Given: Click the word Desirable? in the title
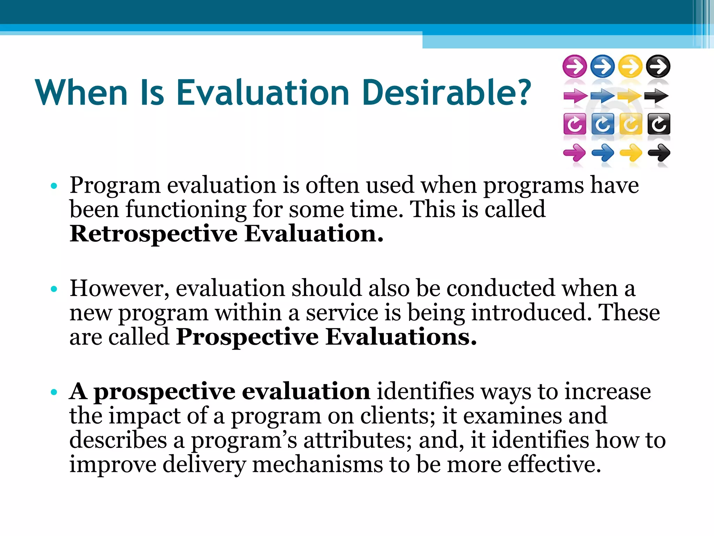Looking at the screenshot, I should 447,93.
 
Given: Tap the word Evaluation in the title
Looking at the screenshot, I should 263,93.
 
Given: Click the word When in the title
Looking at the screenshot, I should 82,93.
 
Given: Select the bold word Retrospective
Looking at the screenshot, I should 153,234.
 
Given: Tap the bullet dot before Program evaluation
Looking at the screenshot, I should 54,186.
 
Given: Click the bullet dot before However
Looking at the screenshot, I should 54,289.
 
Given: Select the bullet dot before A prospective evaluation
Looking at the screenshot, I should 54,392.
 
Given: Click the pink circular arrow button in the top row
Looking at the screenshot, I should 575,66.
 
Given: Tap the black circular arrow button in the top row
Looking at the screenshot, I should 658,66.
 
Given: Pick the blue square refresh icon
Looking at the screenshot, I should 603,124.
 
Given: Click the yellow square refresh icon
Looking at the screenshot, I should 630,124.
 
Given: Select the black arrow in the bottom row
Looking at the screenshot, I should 659,153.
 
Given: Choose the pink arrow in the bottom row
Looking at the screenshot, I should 575,153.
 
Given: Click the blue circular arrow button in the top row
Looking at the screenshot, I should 603,66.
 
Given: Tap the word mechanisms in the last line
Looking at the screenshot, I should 317,465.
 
